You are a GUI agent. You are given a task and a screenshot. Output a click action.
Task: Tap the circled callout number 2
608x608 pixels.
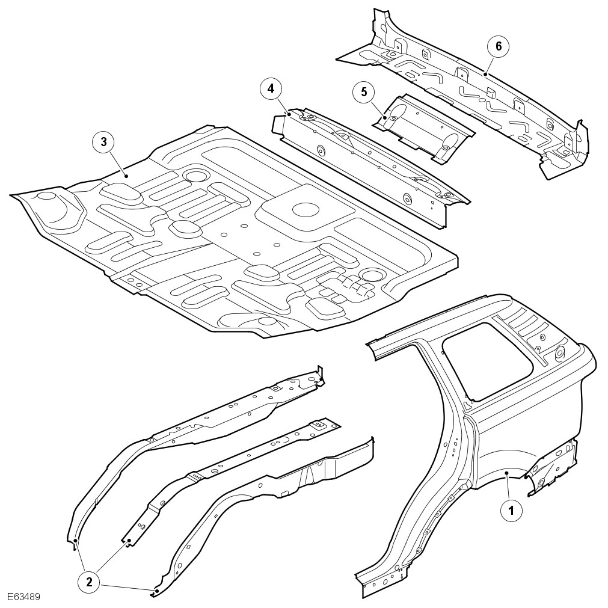click(89, 581)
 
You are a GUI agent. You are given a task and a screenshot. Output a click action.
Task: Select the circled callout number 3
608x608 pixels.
click(103, 142)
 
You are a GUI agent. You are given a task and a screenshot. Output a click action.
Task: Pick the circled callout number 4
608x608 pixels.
click(271, 89)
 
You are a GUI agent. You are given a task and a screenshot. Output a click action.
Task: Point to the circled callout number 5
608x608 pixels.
click(363, 92)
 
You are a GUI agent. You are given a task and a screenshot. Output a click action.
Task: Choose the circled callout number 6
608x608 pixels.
click(499, 46)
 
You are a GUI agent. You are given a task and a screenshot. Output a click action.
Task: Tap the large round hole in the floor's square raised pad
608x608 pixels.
click(306, 209)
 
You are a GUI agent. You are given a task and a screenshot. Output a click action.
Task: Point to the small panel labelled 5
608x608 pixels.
click(424, 127)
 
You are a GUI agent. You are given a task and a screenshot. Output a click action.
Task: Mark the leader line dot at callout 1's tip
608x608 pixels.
click(507, 474)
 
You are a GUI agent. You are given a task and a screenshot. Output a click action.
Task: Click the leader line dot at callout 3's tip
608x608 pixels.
click(126, 175)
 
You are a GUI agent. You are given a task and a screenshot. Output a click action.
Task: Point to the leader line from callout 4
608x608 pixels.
click(281, 102)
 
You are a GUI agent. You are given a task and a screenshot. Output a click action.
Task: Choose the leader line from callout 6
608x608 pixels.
click(491, 61)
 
